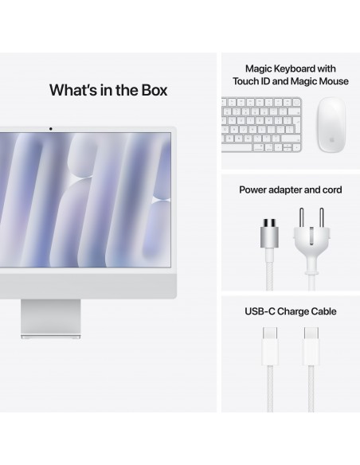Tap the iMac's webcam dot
pyautogui.click(x=50, y=128)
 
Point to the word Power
pyautogui.click(x=255, y=191)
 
